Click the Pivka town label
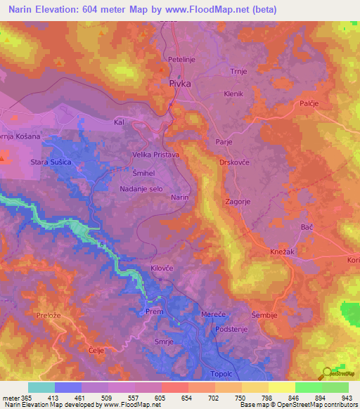point(180,83)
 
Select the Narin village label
point(180,198)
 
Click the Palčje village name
point(328,104)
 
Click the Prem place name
point(154,310)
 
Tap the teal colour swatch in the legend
point(41,387)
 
